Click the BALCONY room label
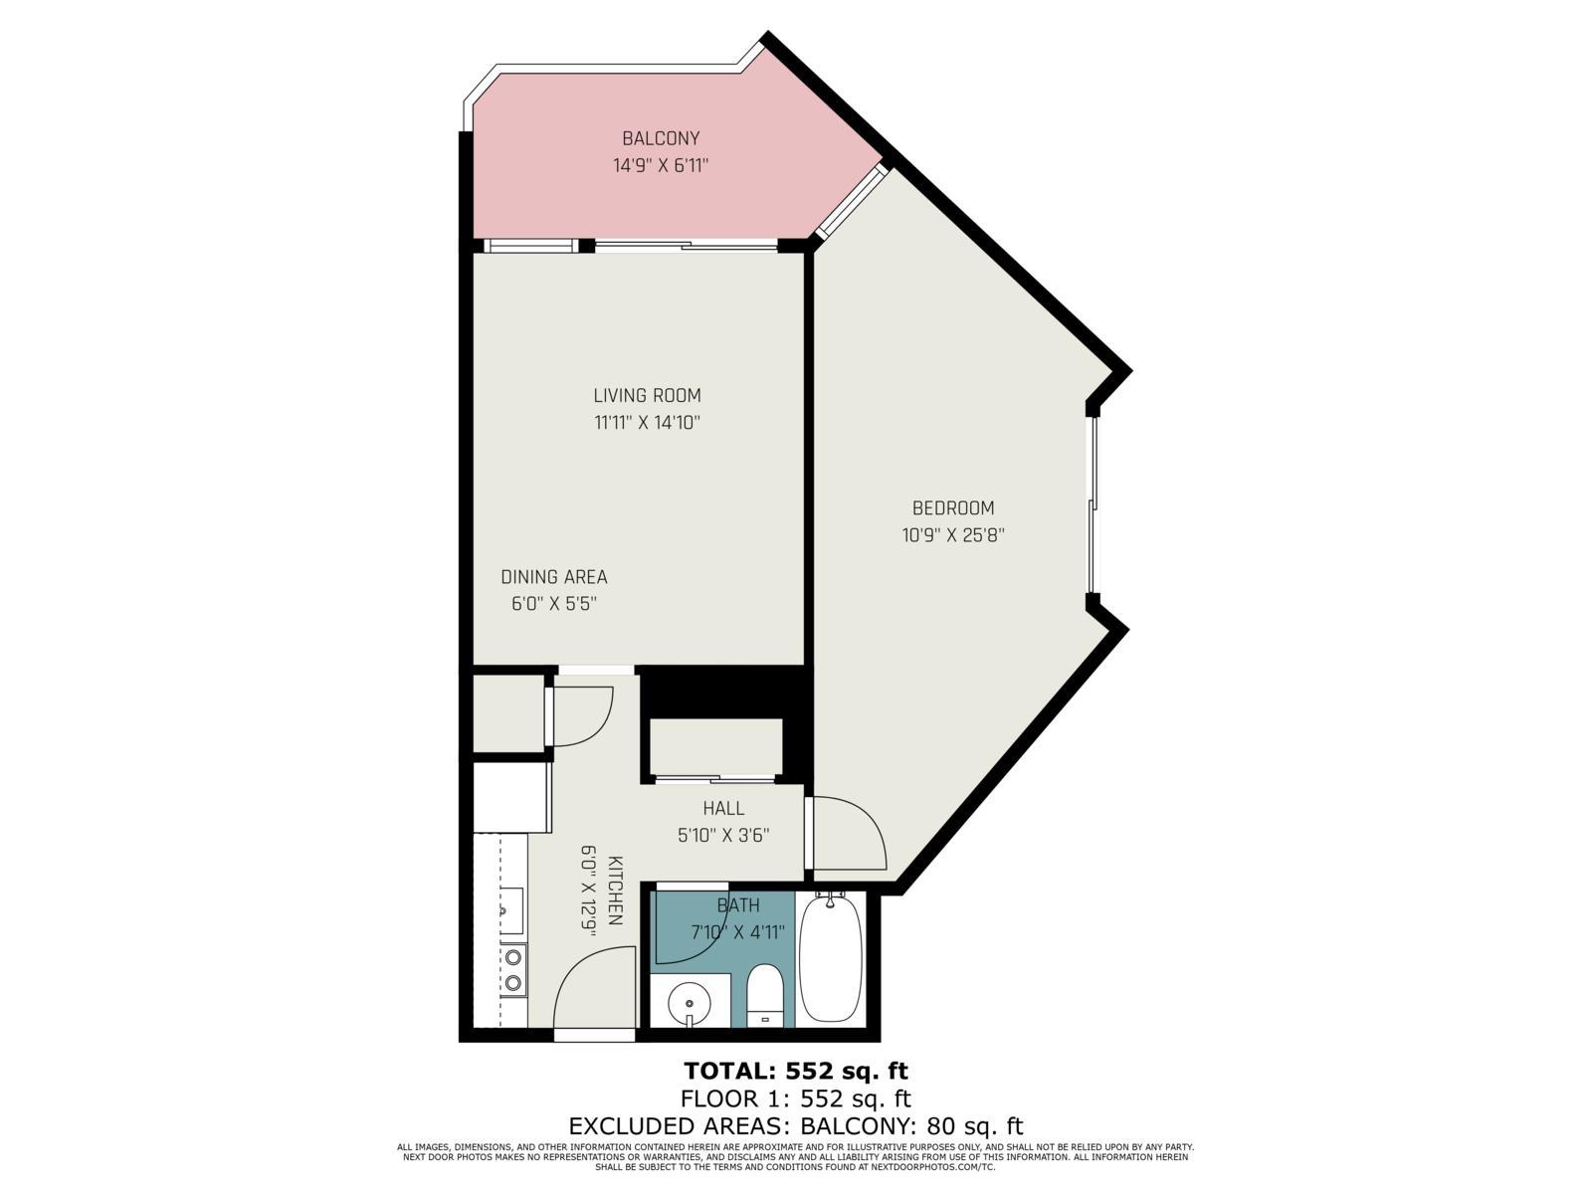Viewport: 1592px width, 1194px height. coord(661,138)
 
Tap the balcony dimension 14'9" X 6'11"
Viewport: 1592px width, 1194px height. coord(661,166)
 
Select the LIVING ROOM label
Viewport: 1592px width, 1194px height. coord(648,396)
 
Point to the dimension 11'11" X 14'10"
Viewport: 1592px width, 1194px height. coord(648,423)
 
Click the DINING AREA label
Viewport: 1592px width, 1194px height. coord(554,577)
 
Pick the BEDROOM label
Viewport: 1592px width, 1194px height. coord(953,508)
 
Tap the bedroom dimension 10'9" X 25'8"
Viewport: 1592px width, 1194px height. coord(953,535)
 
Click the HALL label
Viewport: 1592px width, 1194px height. coord(723,808)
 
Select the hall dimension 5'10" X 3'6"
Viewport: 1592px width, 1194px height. coord(723,836)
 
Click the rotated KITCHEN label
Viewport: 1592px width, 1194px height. coord(615,891)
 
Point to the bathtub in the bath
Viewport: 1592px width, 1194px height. coord(831,958)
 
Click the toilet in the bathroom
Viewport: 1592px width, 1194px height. coord(764,995)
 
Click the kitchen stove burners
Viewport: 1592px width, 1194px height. coord(513,971)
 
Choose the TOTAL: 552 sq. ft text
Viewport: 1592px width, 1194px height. coord(796,1072)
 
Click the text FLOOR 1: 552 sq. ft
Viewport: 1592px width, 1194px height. coord(796,1099)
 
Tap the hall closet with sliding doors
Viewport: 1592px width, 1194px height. coord(715,748)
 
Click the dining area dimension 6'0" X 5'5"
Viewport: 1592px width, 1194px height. coord(554,604)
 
